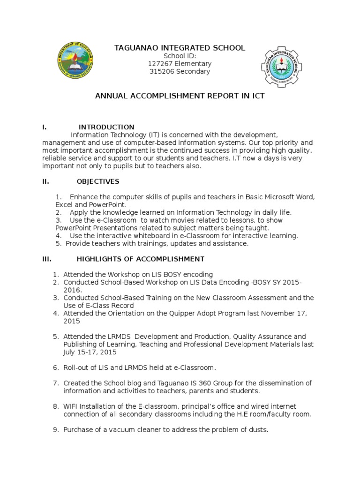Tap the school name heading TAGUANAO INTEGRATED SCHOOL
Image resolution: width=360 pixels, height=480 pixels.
pos(180,48)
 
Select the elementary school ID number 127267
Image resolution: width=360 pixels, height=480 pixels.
pos(162,64)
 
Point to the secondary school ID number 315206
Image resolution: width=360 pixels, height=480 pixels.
pos(163,72)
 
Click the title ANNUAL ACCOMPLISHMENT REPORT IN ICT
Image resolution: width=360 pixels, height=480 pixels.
pos(180,96)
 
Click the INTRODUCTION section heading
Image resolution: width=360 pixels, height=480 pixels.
pos(106,127)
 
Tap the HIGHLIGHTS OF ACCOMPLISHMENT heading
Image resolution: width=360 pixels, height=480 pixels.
pos(140,259)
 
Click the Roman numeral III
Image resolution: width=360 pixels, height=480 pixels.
pos(46,259)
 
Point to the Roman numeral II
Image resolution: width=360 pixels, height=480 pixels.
pos(45,181)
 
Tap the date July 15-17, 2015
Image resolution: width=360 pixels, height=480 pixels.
pos(90,352)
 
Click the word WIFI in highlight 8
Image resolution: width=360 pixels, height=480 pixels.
pos(72,406)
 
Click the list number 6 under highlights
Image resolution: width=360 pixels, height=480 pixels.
pos(55,367)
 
